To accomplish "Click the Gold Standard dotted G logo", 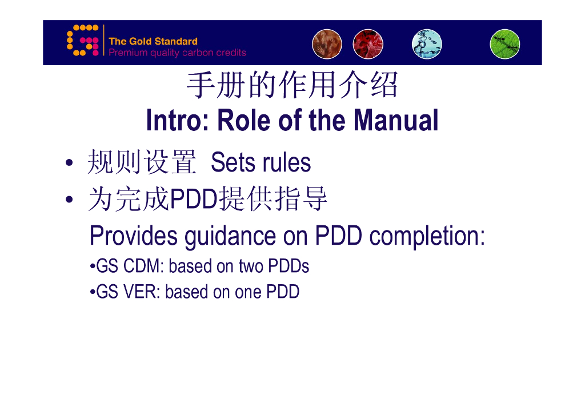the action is tap(82, 41).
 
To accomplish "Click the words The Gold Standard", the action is tap(153, 41).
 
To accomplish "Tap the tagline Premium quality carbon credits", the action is tap(177, 53).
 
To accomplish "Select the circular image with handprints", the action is tap(327, 44).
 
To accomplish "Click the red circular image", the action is tap(368, 44).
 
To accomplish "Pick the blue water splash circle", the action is tap(427, 44).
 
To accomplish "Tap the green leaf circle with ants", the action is tap(505, 44).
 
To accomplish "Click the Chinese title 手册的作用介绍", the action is tap(292, 85).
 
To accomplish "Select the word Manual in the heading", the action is tap(396, 120).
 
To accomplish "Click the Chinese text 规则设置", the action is tap(142, 162).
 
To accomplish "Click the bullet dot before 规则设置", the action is tap(69, 163).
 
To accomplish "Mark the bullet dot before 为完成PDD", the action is tap(69, 200).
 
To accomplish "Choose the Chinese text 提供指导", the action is tap(273, 198).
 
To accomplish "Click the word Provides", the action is tap(134, 236).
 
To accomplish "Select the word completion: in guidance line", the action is tap(427, 237).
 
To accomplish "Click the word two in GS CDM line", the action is tap(251, 266).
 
